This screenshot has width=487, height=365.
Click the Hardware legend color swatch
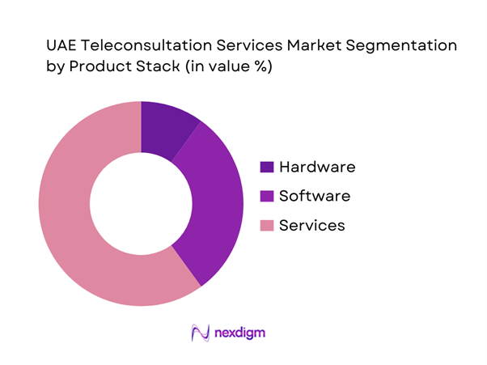pos(266,168)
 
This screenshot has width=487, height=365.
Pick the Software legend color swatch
pos(266,197)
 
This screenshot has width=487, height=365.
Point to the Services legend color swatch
pos(266,226)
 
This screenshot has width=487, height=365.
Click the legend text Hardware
pos(317,168)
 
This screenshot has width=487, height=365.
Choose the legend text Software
pos(314,197)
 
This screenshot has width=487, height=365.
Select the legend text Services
pos(311,226)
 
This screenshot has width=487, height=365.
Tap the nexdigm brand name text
pos(240,333)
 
